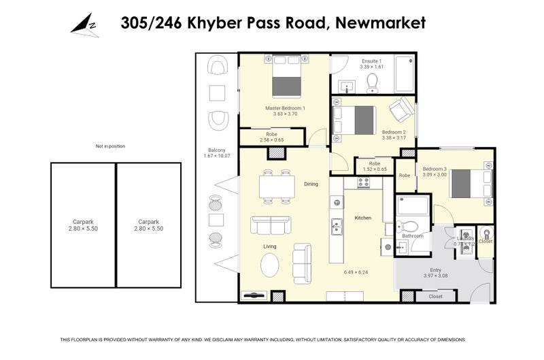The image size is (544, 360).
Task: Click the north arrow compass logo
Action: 84,24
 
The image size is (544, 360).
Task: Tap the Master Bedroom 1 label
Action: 284,108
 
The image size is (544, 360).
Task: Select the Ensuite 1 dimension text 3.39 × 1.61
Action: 371,67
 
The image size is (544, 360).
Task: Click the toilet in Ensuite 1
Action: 372,82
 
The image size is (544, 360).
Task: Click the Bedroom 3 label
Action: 435,169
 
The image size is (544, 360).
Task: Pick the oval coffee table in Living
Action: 270,264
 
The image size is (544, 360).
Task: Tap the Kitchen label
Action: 362,218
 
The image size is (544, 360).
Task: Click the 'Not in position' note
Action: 110,146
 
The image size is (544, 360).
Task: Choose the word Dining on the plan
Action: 311,184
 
